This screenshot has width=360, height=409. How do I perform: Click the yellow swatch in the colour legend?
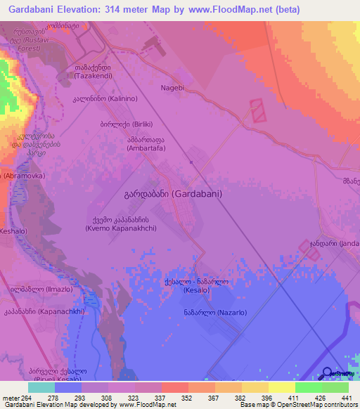[x=281, y=387]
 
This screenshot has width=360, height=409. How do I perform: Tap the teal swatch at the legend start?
[x=41, y=387]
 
